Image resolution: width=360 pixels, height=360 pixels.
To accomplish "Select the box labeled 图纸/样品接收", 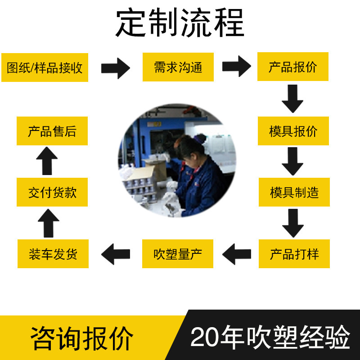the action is pos(45,67).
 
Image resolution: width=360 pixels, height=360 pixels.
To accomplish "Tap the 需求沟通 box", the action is pos(178,67).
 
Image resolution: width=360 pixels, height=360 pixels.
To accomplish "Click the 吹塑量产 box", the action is pos(178,254).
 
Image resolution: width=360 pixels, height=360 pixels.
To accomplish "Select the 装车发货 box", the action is pos(53,254).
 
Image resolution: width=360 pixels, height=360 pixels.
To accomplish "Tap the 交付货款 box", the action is pos(52,192).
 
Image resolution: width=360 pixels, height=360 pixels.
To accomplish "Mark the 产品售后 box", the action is pos(52,131).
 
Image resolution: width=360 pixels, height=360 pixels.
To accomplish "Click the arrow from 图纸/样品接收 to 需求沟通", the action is pos(116,68).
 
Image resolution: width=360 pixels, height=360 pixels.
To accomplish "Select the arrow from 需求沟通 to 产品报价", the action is pos(237,67).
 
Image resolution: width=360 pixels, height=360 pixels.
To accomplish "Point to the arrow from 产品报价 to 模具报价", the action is pos(292,99).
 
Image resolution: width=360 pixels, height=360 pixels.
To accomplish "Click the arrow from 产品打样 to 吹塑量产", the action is pos(237,254).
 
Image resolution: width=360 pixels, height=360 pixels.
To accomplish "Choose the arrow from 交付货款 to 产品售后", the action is pos(47,161).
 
